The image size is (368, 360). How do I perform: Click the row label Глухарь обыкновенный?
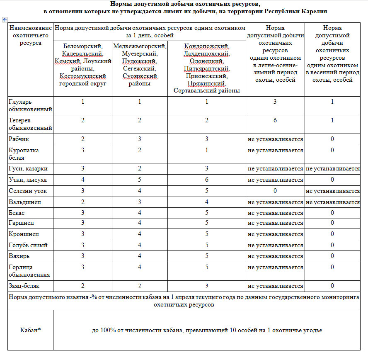(30, 105)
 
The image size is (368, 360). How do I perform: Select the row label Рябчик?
(19, 139)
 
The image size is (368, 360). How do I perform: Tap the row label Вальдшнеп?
(25, 202)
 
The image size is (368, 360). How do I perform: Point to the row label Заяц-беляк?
(25, 286)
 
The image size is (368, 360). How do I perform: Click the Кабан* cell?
(30, 330)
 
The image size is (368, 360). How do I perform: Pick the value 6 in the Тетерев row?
(275, 120)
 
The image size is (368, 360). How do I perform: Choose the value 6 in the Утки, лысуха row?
(207, 180)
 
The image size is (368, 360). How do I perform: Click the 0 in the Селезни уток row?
(275, 191)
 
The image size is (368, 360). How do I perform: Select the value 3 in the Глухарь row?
(275, 102)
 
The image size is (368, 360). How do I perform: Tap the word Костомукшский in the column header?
(83, 76)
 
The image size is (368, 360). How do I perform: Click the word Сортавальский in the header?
(194, 90)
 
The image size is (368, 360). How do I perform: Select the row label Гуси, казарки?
(28, 169)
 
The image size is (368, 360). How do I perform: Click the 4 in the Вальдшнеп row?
(207, 202)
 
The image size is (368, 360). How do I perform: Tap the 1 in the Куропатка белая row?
(207, 150)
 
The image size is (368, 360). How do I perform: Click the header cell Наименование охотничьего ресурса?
(30, 36)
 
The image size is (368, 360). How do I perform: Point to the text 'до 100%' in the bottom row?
(102, 331)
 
